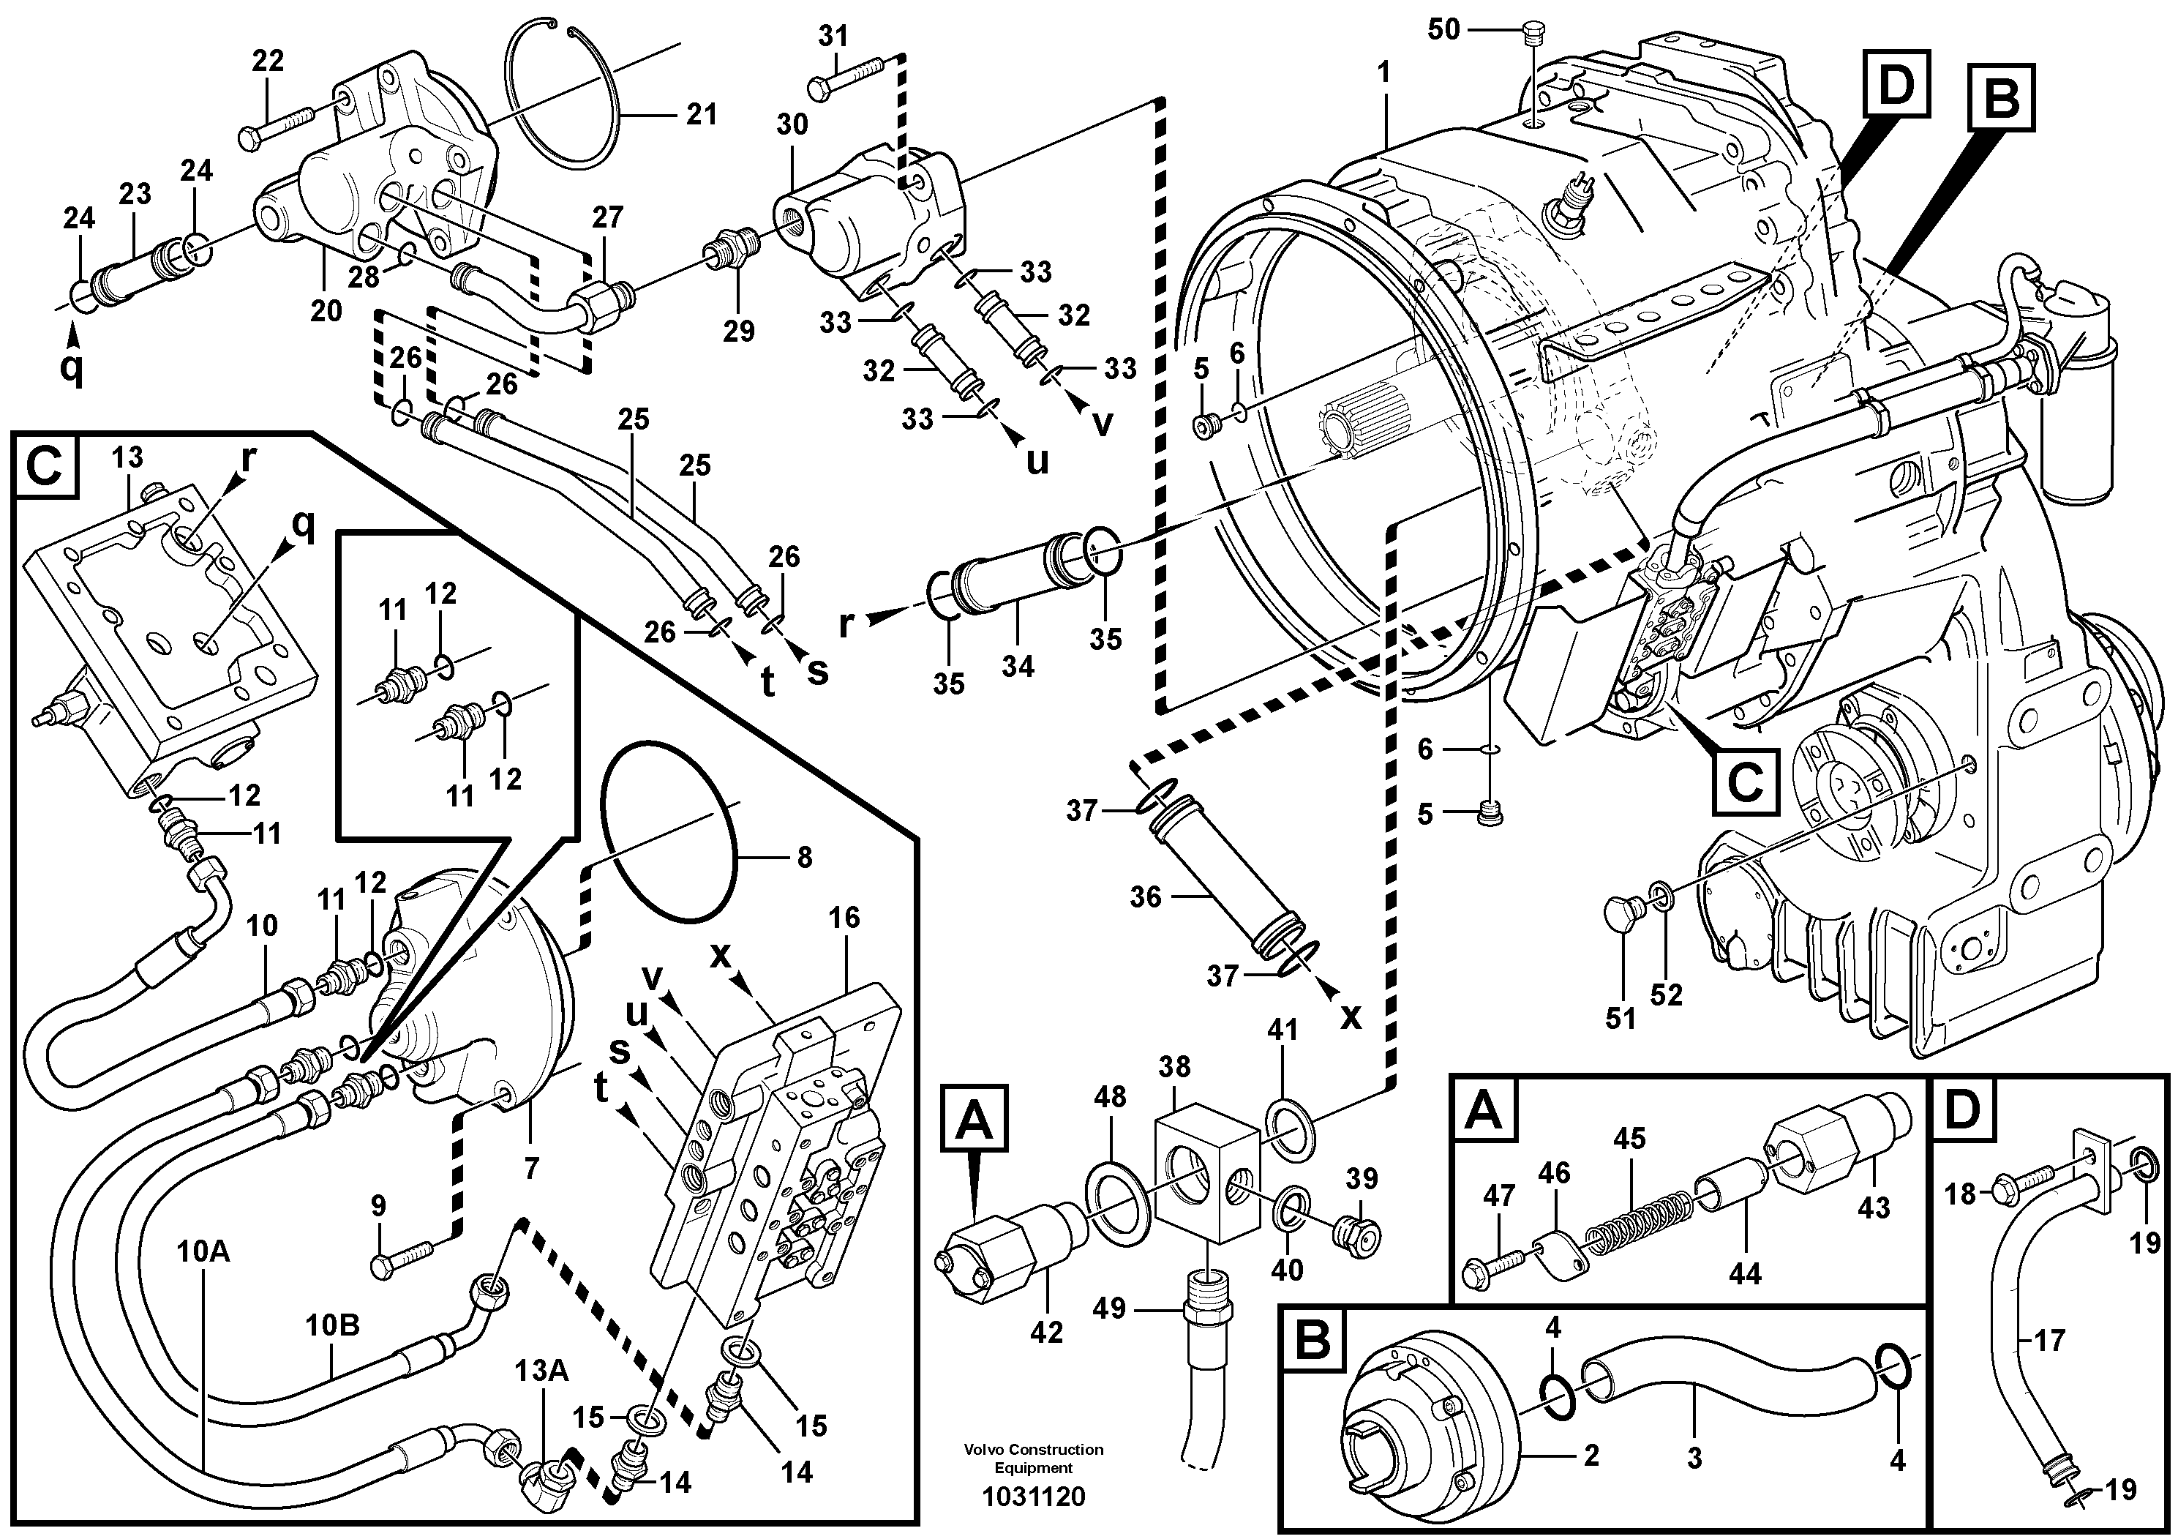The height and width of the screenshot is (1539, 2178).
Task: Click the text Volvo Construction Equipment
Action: (x=1033, y=1459)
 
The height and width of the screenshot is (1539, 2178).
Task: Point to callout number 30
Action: (x=792, y=124)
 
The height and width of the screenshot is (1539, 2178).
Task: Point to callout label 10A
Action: (x=203, y=1251)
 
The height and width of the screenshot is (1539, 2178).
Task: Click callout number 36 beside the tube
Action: (x=1145, y=896)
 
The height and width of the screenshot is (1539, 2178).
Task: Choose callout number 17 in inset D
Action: (x=2050, y=1340)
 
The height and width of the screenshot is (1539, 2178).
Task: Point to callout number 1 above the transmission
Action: (x=1384, y=72)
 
